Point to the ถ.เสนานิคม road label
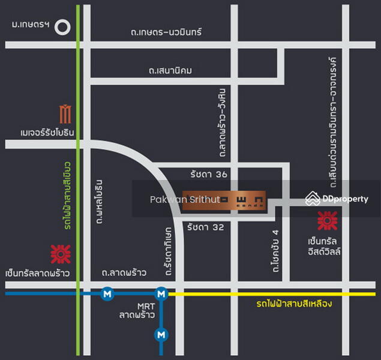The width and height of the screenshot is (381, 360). pyautogui.click(x=170, y=71)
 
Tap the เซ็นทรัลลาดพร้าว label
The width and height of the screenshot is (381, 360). pyautogui.click(x=36, y=274)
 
